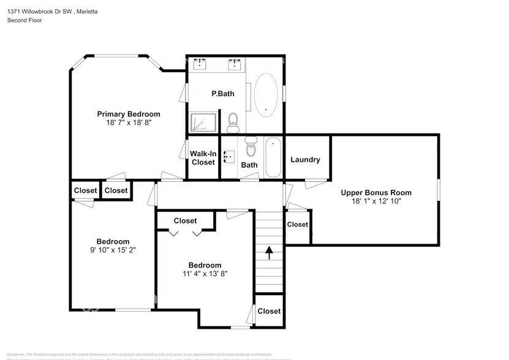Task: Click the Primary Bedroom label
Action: click(129, 114)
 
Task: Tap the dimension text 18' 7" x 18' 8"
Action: click(129, 122)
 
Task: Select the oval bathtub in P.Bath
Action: click(265, 96)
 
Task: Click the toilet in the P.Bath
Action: click(233, 122)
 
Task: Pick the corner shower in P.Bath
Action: click(203, 122)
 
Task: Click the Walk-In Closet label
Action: click(202, 158)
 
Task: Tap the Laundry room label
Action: click(305, 160)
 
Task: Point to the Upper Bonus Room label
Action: click(376, 192)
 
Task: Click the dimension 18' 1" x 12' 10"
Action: click(376, 201)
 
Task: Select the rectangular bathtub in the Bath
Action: click(273, 157)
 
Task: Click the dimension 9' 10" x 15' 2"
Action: click(113, 250)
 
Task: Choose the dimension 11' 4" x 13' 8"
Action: click(205, 274)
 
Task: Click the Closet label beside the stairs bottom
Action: click(269, 311)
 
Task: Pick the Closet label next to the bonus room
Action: click(298, 224)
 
